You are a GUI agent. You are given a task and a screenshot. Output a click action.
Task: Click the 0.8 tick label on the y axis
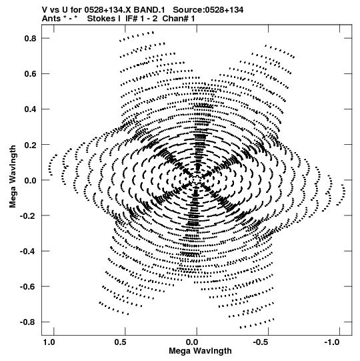pyautogui.click(x=31, y=39)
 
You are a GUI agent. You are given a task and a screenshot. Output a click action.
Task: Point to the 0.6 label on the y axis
pyautogui.click(x=31, y=74)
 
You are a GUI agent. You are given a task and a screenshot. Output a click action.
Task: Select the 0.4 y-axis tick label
pyautogui.click(x=31, y=109)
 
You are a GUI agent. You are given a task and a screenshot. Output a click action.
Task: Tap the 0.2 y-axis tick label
pyautogui.click(x=31, y=145)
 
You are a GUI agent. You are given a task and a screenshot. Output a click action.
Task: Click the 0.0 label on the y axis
pyautogui.click(x=31, y=180)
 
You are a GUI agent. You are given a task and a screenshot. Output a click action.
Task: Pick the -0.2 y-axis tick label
pyautogui.click(x=28, y=216)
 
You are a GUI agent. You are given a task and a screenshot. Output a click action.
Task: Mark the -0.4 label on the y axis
pyautogui.click(x=28, y=251)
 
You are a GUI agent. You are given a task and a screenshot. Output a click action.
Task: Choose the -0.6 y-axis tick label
pyautogui.click(x=28, y=287)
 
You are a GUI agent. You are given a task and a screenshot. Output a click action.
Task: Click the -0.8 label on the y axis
pyautogui.click(x=28, y=322)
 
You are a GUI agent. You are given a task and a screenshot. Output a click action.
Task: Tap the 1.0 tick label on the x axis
pyautogui.click(x=49, y=342)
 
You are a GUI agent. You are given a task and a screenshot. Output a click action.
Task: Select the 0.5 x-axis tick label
pyautogui.click(x=120, y=342)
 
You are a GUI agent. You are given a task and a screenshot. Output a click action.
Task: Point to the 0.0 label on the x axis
pyautogui.click(x=192, y=342)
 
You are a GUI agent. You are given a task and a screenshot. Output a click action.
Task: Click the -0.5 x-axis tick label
pyautogui.click(x=261, y=342)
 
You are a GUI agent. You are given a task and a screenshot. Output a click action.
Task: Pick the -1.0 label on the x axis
pyautogui.click(x=333, y=342)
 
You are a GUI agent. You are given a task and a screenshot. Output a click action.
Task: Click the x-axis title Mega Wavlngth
pyautogui.click(x=201, y=352)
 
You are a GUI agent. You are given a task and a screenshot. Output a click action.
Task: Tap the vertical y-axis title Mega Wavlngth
pyautogui.click(x=13, y=177)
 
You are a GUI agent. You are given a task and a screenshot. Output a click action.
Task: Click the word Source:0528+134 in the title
pyautogui.click(x=208, y=10)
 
